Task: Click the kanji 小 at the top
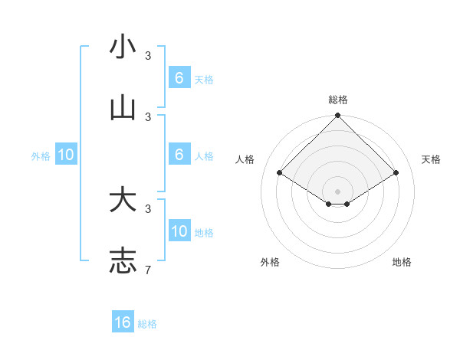coord(123,47)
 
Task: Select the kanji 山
coord(123,109)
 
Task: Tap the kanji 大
coord(123,200)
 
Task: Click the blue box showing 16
coord(123,322)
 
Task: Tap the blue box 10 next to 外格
coord(66,155)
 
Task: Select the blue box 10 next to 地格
coord(179,231)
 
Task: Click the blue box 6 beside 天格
coord(179,78)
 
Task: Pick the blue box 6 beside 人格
coord(179,155)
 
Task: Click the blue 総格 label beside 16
coord(147,324)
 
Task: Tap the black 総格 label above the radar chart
coord(337,100)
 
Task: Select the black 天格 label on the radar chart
coord(431,159)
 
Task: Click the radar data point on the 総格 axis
coord(337,116)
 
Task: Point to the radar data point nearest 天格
coord(396,173)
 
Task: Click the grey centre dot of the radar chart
coord(337,191)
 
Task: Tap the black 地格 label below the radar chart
coord(402,262)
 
